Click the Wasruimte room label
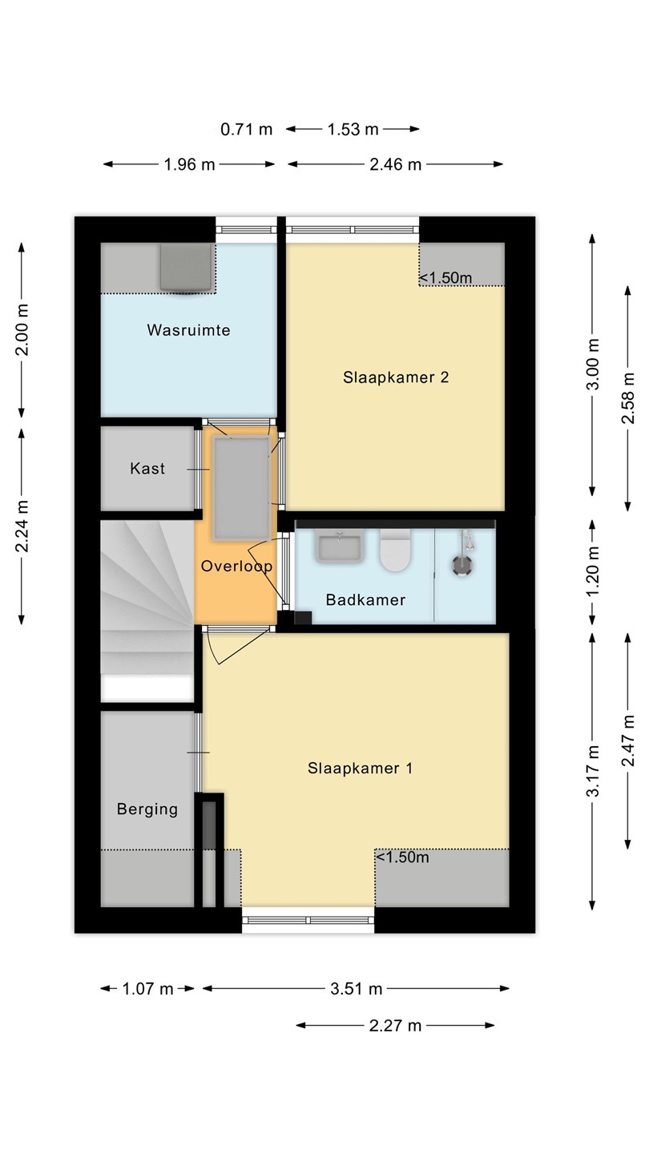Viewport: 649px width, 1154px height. coord(188,329)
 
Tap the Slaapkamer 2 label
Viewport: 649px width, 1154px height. coord(396,377)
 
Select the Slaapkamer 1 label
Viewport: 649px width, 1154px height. coord(360,768)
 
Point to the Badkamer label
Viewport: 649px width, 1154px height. coord(365,599)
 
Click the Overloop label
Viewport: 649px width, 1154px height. coord(236,567)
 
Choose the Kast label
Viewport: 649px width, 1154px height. coord(147,468)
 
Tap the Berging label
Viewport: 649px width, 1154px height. coord(147,809)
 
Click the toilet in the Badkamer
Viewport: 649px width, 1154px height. coord(395,551)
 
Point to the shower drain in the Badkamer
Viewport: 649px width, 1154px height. coord(462,565)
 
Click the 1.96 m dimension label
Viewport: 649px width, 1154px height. coord(190,164)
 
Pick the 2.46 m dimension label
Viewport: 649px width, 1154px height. coord(396,164)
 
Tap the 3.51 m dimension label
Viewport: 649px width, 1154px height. coord(357,989)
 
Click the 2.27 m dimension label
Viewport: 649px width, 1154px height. coord(396,1026)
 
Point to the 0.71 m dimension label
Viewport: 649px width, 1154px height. coord(246,129)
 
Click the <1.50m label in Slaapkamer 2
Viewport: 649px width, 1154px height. coord(445,277)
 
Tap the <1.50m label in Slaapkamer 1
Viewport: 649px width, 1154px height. coord(402,857)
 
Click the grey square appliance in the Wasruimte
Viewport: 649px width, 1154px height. coord(186,267)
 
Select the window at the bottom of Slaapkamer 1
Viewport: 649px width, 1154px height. coord(308,920)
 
